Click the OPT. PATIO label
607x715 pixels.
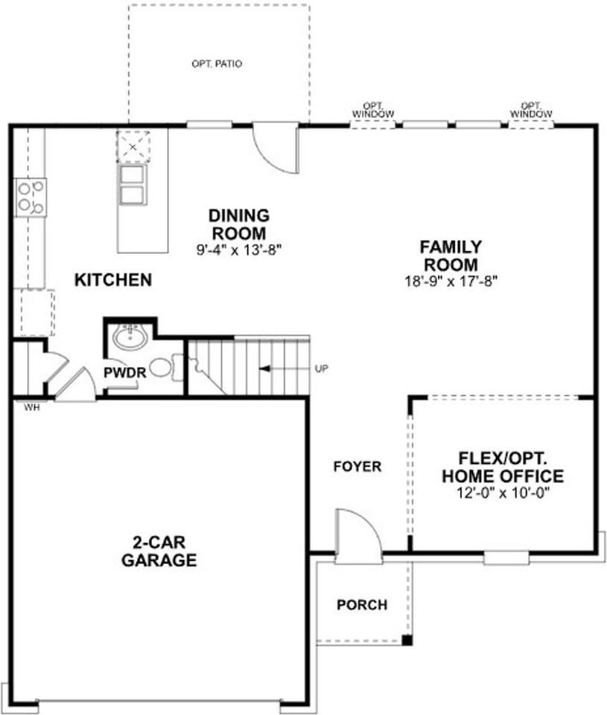(x=217, y=64)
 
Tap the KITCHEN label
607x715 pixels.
(x=113, y=280)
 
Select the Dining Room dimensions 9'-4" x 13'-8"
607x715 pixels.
(x=239, y=250)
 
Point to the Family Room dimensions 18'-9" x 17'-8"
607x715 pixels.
(x=451, y=282)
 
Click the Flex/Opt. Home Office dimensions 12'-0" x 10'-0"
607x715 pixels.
(x=503, y=493)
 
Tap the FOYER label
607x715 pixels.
(x=357, y=466)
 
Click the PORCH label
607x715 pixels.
(x=362, y=605)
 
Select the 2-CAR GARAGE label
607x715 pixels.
(x=159, y=551)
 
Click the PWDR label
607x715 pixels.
(x=125, y=372)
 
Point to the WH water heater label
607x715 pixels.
(x=32, y=407)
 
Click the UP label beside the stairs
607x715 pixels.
(x=322, y=369)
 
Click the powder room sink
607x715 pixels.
(x=130, y=337)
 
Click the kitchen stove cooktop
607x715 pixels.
(x=31, y=197)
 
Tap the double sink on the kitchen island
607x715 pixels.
(x=133, y=185)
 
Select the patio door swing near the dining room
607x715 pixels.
(x=276, y=147)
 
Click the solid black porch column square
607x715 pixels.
(x=407, y=640)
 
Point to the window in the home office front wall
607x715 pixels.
(x=506, y=557)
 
